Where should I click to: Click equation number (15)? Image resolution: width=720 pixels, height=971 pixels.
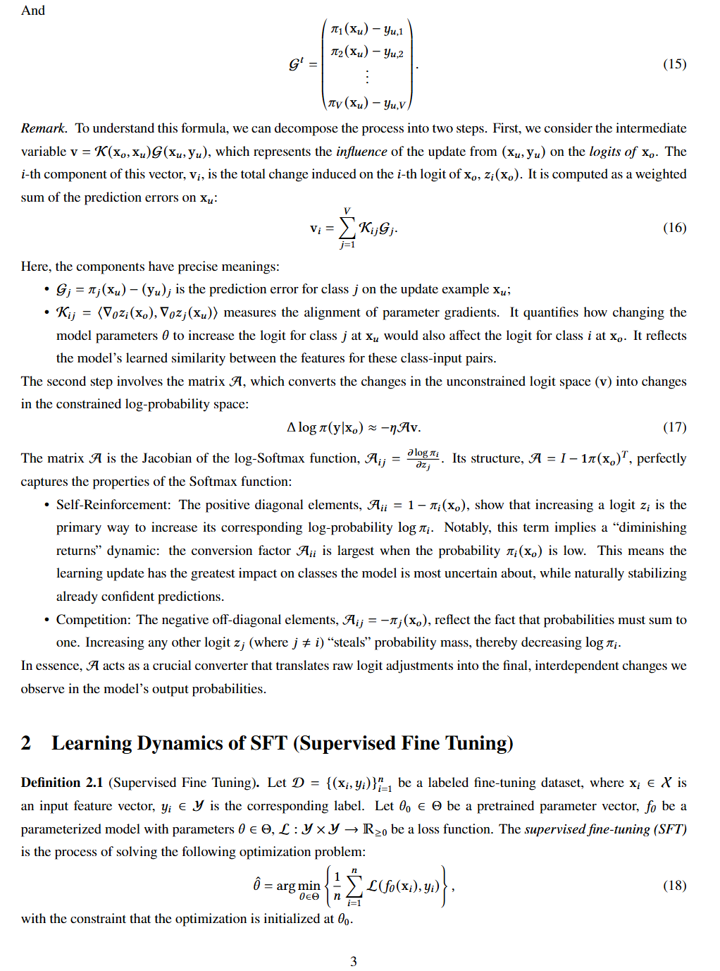click(x=674, y=64)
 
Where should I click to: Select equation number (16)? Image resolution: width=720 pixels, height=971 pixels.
click(x=674, y=228)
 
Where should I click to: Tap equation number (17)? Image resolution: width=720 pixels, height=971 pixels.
click(x=674, y=427)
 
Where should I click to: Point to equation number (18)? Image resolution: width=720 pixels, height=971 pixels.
click(x=674, y=886)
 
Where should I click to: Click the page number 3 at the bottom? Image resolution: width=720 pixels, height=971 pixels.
click(x=354, y=961)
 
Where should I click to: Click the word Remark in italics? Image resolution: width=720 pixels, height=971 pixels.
click(x=43, y=128)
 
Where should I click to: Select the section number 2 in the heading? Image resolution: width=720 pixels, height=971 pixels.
click(x=26, y=743)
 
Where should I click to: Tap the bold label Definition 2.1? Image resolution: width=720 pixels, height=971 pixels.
click(x=62, y=783)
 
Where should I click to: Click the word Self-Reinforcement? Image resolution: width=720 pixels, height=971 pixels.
click(x=113, y=505)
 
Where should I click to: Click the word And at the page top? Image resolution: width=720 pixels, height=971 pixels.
click(x=33, y=11)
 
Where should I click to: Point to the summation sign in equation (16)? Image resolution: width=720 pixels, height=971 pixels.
click(x=347, y=227)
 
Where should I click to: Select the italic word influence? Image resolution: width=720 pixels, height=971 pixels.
click(x=361, y=152)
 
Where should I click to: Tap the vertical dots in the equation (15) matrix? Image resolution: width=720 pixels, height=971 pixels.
click(x=367, y=77)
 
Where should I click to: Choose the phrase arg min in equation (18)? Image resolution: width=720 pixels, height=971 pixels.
click(x=298, y=886)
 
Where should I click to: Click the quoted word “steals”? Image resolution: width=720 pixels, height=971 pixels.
click(x=349, y=642)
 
